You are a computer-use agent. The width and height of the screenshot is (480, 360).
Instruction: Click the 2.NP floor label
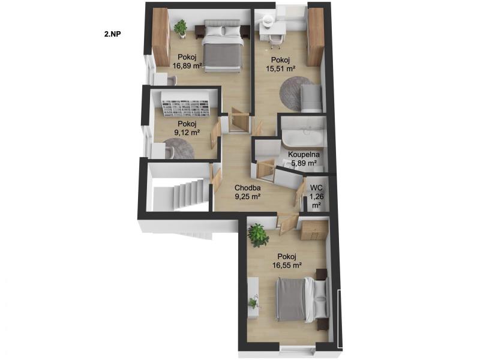(x=112, y=34)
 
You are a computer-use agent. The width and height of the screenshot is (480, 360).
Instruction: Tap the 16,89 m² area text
(x=187, y=65)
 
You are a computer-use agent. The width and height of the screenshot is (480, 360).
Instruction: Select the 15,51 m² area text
(x=280, y=68)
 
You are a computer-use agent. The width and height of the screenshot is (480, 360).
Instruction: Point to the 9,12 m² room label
(x=187, y=133)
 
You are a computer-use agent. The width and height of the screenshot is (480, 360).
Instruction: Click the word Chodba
(x=247, y=188)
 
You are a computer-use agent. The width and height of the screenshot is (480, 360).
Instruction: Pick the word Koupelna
(x=304, y=155)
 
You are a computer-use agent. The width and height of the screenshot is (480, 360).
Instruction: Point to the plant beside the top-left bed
(x=181, y=28)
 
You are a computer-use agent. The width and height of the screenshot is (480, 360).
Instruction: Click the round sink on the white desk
(x=269, y=21)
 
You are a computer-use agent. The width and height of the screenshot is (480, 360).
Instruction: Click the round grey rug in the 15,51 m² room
(x=296, y=94)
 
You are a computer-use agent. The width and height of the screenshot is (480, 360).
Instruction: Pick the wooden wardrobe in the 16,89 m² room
(x=161, y=37)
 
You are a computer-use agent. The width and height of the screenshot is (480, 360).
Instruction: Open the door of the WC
(x=299, y=192)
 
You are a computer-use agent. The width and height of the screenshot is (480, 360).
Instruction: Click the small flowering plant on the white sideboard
(x=253, y=302)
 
